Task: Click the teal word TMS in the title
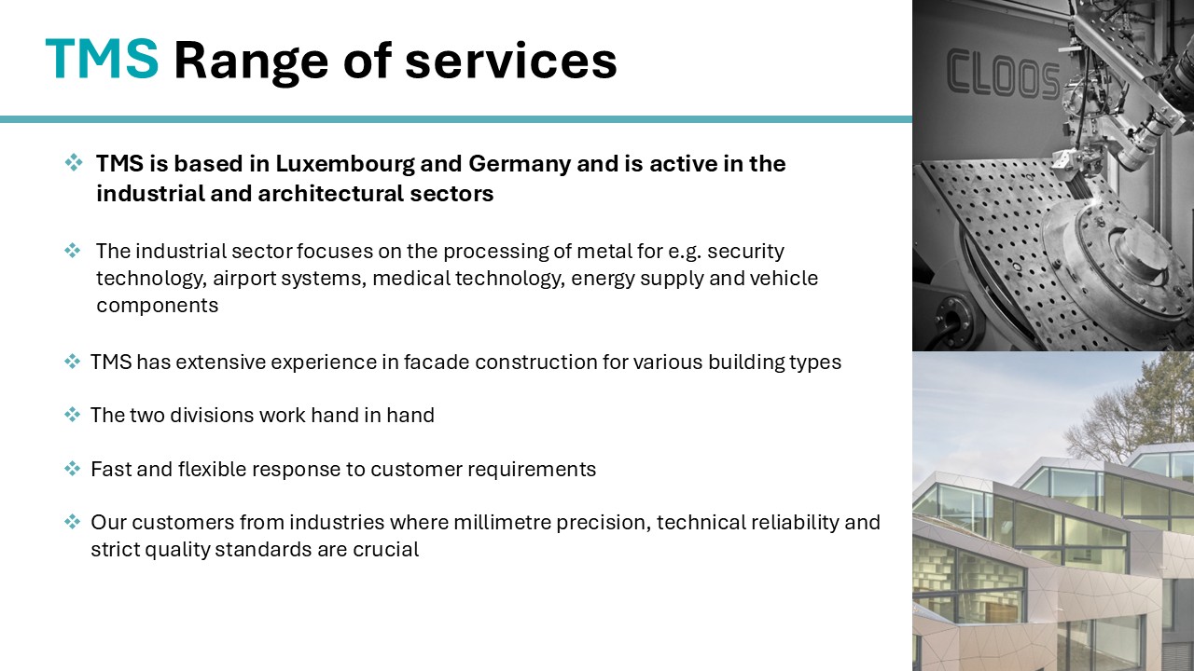[x=102, y=59]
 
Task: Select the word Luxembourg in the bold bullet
[x=344, y=164]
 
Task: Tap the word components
[x=158, y=306]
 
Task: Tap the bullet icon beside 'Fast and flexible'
[x=72, y=469]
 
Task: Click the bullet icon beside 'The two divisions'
[x=72, y=415]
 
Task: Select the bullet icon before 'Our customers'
[x=72, y=521]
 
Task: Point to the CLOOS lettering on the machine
[x=1003, y=74]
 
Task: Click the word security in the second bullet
[x=745, y=252]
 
